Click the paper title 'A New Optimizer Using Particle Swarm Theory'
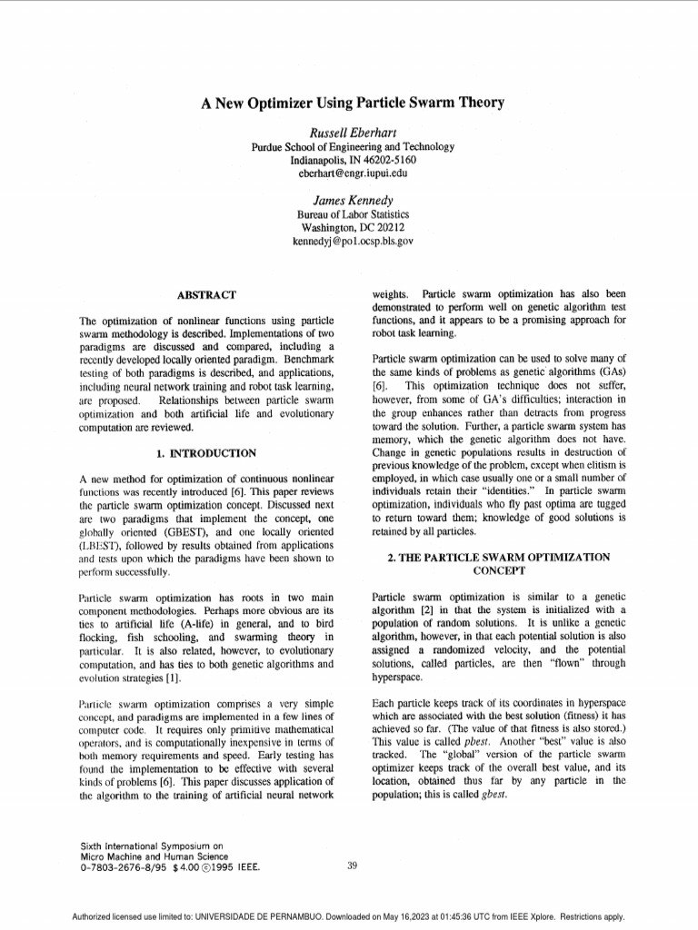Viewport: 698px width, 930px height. tap(353, 103)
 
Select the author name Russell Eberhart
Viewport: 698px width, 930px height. tap(353, 133)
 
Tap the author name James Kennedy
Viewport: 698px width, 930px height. tap(353, 200)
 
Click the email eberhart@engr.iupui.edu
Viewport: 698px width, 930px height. tap(353, 173)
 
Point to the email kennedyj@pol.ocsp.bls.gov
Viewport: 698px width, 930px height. tap(353, 242)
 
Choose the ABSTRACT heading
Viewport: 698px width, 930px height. tap(206, 295)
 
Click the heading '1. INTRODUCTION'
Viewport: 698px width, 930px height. tap(206, 453)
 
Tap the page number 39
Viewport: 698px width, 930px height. tap(353, 866)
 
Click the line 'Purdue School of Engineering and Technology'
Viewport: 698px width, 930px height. tap(353, 147)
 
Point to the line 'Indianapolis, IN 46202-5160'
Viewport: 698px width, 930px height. tap(353, 160)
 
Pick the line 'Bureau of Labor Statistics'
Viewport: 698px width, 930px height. tap(353, 214)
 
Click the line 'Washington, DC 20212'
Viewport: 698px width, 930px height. tap(353, 228)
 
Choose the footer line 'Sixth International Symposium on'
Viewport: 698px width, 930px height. tap(152, 846)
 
